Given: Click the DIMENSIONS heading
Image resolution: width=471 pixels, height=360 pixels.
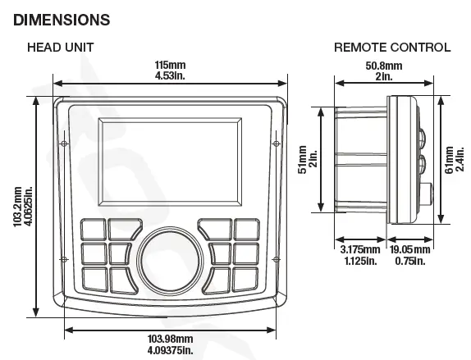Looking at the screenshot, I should (56, 18).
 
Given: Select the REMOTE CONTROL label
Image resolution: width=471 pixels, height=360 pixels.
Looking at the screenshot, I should (392, 48).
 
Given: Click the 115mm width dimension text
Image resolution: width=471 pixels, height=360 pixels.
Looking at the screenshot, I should (171, 65).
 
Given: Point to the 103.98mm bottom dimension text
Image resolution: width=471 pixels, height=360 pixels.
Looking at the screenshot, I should (171, 339).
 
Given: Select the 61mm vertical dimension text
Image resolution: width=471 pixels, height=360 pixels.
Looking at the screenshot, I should (449, 161).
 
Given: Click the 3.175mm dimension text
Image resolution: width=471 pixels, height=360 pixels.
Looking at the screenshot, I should (361, 248).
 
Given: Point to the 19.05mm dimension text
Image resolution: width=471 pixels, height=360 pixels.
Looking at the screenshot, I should (410, 248).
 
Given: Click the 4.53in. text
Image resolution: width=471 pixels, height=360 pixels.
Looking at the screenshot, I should (171, 76).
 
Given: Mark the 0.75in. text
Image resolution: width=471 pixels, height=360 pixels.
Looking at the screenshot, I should (410, 261).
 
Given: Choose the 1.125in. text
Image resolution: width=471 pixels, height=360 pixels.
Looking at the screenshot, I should (361, 261).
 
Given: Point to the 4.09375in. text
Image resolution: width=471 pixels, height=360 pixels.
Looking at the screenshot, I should (171, 350).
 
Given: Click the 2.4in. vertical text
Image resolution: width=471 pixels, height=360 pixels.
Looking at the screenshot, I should (460, 161).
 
